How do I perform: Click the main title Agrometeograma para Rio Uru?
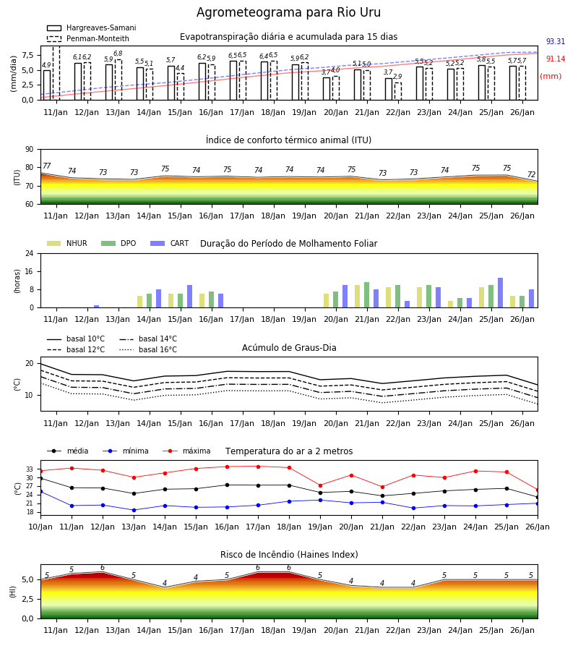[x=288, y=12]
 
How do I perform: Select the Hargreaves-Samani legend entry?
[x=91, y=27]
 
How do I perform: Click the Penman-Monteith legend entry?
[x=88, y=38]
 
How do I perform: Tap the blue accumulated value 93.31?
[x=556, y=41]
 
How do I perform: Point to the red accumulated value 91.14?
[x=556, y=59]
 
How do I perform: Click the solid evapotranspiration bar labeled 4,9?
[x=47, y=85]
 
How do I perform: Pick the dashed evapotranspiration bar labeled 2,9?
[x=398, y=91]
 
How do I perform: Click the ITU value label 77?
[x=46, y=166]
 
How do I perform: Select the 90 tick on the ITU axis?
[x=30, y=150]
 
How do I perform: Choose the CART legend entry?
[x=170, y=243]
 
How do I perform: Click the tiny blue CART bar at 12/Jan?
[x=97, y=307]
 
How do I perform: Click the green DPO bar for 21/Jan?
[x=366, y=295]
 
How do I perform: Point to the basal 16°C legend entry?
[x=148, y=349]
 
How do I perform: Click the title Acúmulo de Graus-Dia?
[x=289, y=348]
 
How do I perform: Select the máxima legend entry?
[x=187, y=451]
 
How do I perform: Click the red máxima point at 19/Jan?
[x=321, y=485]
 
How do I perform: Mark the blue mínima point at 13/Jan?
[x=134, y=510]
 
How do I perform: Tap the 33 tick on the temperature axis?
[x=30, y=469]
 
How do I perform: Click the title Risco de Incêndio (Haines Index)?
[x=289, y=555]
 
